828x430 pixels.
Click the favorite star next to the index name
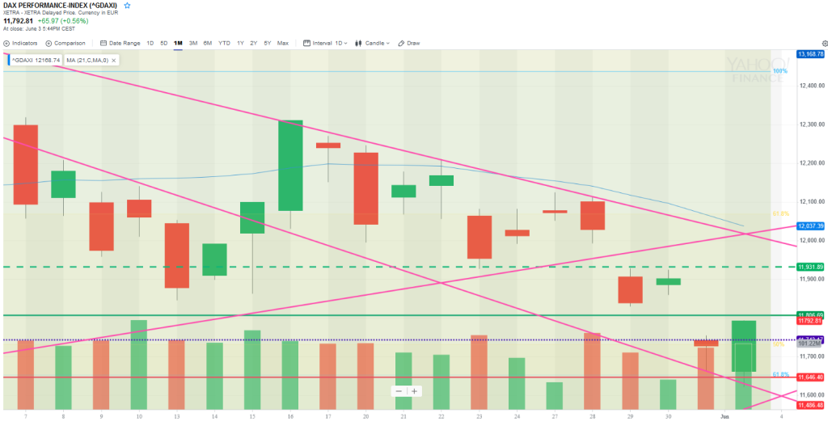pyautogui.click(x=127, y=6)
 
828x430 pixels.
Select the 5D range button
pyautogui.click(x=164, y=43)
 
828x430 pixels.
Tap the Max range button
pyautogui.click(x=282, y=43)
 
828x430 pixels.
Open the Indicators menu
pyautogui.click(x=22, y=43)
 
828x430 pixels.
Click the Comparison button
pyautogui.click(x=66, y=43)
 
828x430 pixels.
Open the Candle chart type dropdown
pyautogui.click(x=378, y=43)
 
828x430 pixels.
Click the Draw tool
pyautogui.click(x=411, y=43)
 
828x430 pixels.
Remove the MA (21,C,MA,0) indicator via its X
pyautogui.click(x=114, y=60)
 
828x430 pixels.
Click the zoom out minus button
pyautogui.click(x=399, y=391)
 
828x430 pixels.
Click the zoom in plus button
pyautogui.click(x=415, y=391)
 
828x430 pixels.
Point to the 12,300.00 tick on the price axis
pyautogui.click(x=809, y=124)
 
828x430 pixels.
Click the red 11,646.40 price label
pyautogui.click(x=809, y=377)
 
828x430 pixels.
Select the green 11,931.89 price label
pyautogui.click(x=809, y=267)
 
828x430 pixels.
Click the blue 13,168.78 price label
pyautogui.click(x=809, y=54)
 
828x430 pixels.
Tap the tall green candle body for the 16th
pyautogui.click(x=290, y=166)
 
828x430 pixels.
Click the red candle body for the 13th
pyautogui.click(x=176, y=255)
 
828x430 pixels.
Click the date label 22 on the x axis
pyautogui.click(x=441, y=415)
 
